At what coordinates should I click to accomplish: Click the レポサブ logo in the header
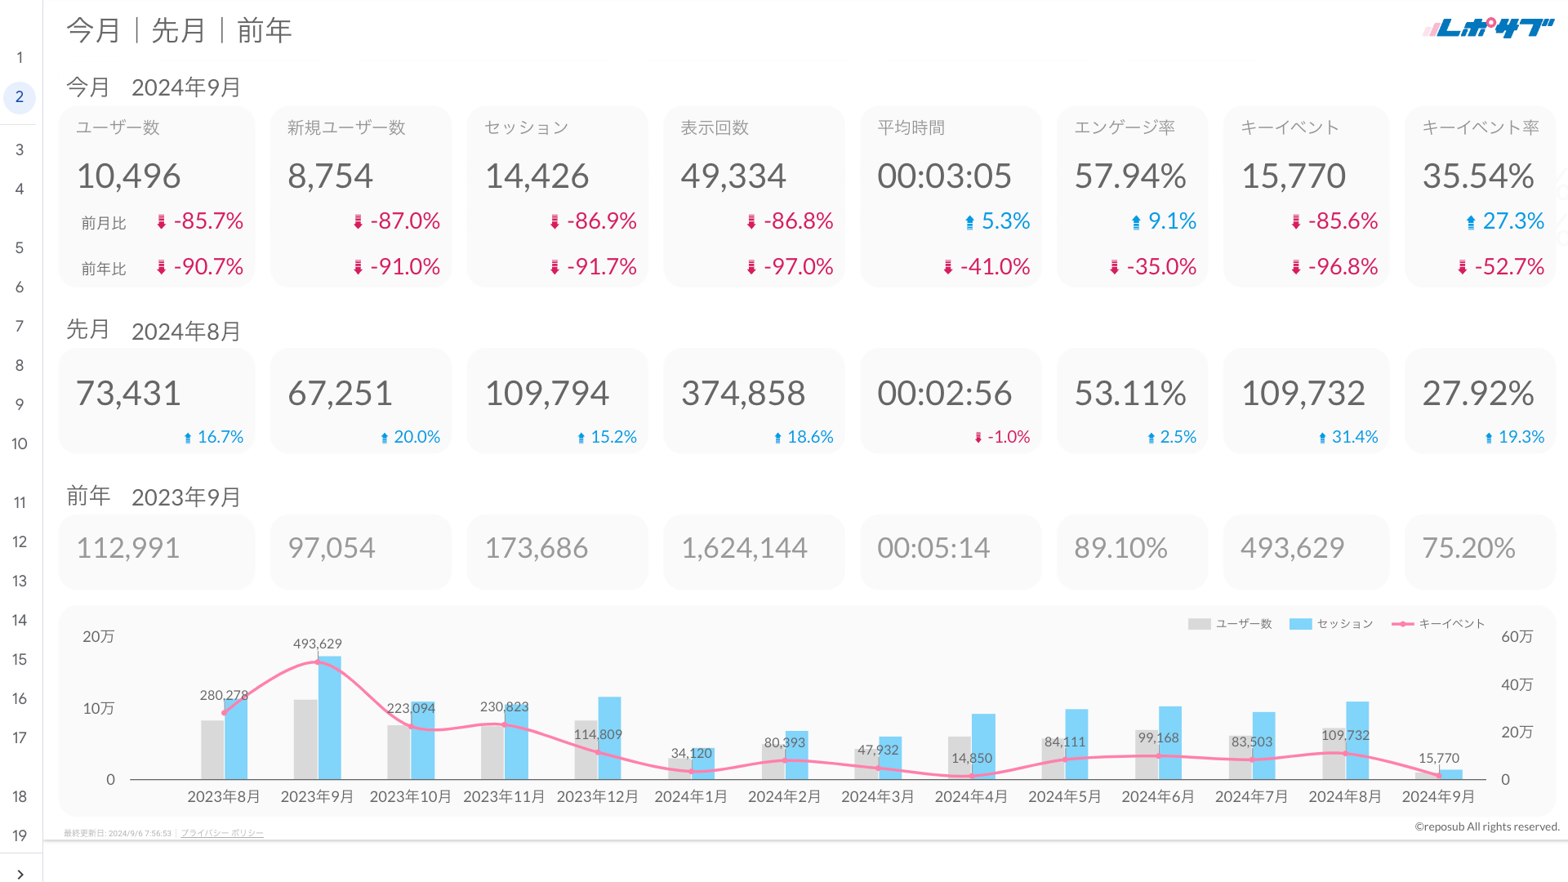click(1488, 29)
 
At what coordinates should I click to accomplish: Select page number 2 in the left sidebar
click(20, 97)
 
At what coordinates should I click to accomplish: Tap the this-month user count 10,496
click(128, 176)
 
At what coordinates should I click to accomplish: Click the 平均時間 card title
click(911, 127)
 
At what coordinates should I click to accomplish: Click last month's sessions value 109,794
click(546, 393)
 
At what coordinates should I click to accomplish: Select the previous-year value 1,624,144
click(744, 547)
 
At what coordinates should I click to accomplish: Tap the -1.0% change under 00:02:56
click(1008, 437)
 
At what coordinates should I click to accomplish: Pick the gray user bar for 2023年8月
click(212, 750)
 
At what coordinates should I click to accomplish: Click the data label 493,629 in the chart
click(317, 644)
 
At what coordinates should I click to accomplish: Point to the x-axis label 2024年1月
click(691, 796)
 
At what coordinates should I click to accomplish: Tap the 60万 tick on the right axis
click(1517, 636)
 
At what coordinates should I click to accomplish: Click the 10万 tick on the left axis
click(98, 708)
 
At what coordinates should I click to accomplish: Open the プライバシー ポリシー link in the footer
click(222, 833)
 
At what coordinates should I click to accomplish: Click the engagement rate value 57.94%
click(1129, 176)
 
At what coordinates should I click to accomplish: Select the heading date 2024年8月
click(185, 331)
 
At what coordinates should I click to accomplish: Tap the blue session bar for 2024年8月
click(1357, 740)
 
